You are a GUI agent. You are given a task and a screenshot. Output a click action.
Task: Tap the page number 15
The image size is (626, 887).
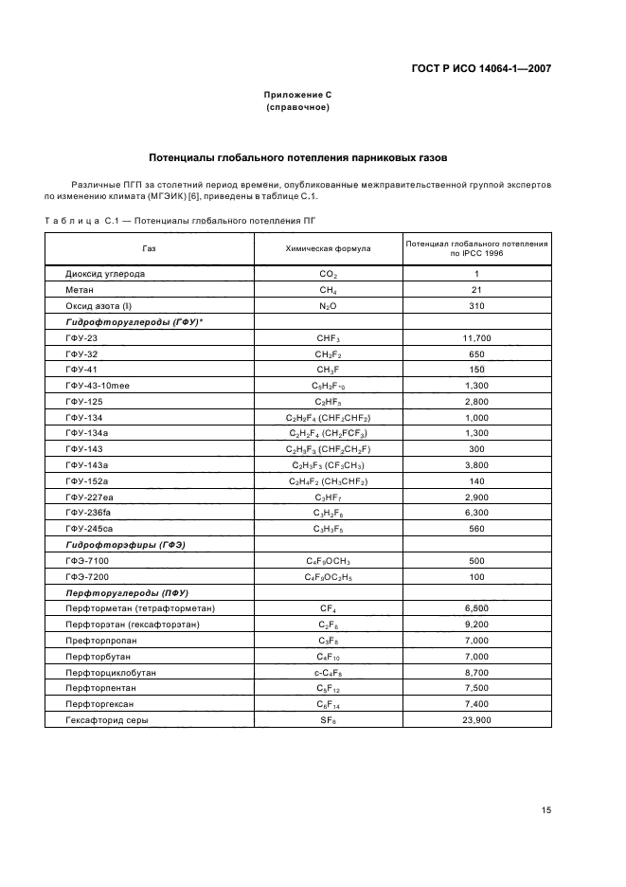tap(546, 810)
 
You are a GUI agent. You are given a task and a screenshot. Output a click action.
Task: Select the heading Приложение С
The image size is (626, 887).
tap(297, 95)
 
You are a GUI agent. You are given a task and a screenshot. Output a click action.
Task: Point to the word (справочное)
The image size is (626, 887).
tap(297, 107)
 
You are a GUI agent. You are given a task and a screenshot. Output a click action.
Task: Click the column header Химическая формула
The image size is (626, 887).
tap(328, 248)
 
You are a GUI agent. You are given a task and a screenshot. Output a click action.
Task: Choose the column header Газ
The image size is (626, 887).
tap(149, 248)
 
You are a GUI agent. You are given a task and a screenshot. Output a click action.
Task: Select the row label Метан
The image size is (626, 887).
tap(80, 290)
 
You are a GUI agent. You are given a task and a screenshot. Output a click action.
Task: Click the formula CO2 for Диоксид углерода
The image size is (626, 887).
tap(328, 274)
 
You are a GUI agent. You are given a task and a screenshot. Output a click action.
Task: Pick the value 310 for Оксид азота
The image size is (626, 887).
tap(476, 306)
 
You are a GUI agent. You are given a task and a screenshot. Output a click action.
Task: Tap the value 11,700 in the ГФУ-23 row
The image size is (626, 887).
tap(476, 338)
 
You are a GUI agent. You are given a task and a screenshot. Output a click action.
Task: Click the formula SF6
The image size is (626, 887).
tap(328, 721)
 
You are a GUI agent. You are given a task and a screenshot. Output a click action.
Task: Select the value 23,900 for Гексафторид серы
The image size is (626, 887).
tap(476, 721)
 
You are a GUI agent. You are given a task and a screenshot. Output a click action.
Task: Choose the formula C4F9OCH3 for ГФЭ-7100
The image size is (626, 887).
tap(328, 562)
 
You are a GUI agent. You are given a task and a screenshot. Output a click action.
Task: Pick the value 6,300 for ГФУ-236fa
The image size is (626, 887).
tap(476, 514)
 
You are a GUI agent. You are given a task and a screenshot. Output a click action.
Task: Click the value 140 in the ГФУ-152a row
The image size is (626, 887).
tap(476, 481)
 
